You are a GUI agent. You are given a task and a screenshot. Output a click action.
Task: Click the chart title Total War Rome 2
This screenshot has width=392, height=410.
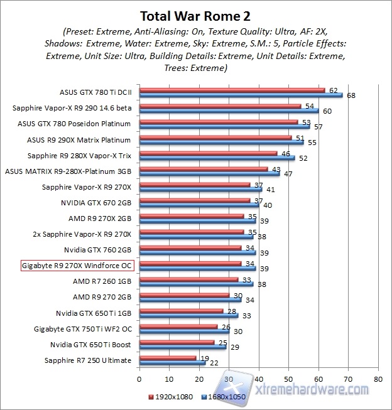pos(195,14)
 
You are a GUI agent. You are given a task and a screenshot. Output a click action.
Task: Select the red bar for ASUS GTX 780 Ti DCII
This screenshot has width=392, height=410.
pos(232,90)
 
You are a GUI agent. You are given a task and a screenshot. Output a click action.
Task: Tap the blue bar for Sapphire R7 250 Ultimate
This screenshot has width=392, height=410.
pos(172,362)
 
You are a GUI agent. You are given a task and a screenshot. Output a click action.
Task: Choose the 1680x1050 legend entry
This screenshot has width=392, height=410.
pos(223,397)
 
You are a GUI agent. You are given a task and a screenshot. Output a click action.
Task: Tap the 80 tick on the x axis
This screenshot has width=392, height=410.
pos(378,379)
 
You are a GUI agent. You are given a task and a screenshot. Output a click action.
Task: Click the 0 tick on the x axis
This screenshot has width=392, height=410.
pos(139,379)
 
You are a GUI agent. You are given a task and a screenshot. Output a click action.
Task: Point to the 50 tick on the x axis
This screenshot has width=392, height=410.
pos(288,379)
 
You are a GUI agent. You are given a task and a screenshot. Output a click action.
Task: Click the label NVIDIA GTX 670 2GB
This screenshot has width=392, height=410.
pos(96,203)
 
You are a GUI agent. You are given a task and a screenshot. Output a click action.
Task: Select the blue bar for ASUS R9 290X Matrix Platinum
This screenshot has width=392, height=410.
pos(221,143)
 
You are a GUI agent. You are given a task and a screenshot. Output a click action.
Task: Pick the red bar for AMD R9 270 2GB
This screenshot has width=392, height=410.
pos(184,294)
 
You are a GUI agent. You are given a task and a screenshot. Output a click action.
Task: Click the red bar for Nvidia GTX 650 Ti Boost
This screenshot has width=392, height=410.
pos(177,342)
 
